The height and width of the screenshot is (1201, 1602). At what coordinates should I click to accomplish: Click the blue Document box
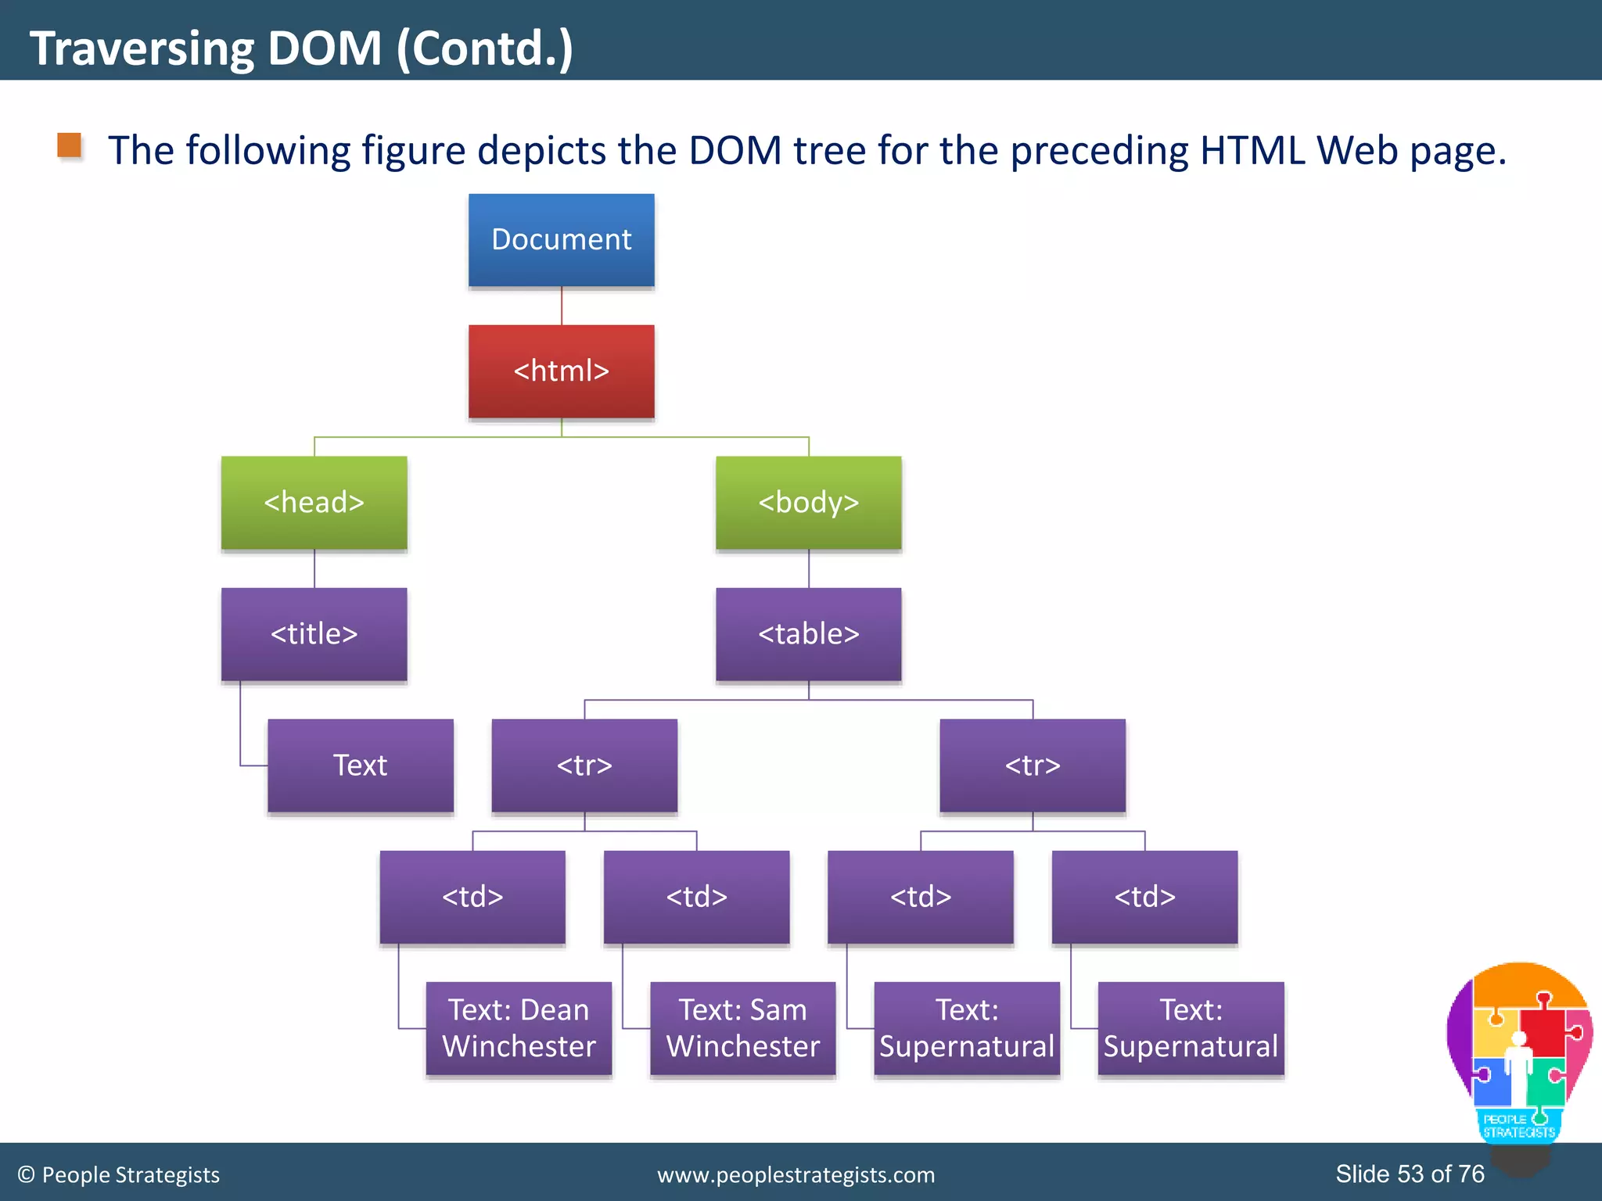(561, 240)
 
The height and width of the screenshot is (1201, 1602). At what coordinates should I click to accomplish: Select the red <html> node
(561, 371)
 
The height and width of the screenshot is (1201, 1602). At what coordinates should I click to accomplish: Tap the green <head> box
(314, 503)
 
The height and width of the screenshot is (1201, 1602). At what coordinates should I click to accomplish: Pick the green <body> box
(808, 503)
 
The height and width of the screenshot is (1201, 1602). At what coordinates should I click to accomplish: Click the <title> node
(314, 634)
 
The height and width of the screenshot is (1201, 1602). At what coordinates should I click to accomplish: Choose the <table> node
(808, 634)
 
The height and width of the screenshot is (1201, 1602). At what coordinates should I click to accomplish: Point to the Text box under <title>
(360, 765)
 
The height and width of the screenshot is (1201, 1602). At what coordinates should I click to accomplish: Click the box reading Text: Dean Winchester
(519, 1028)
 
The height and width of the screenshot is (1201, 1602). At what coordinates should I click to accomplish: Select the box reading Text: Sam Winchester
(742, 1028)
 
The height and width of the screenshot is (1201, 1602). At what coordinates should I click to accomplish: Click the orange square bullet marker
(70, 145)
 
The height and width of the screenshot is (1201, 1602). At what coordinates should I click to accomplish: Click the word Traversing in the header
(142, 48)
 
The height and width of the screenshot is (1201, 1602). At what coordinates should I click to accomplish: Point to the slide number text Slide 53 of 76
(1410, 1174)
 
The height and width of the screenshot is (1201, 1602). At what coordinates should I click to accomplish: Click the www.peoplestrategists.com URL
(796, 1174)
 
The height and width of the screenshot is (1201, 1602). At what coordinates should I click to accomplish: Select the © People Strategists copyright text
(119, 1174)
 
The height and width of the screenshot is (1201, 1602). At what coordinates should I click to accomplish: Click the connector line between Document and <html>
(562, 307)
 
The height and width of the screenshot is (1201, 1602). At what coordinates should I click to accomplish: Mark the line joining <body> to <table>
(809, 569)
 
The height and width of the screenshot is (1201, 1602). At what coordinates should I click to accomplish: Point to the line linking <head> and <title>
(314, 569)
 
